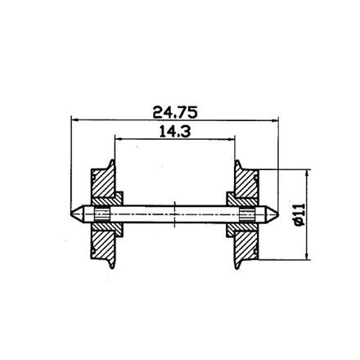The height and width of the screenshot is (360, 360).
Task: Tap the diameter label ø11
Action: (x=299, y=214)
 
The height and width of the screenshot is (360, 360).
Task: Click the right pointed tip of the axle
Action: (x=279, y=214)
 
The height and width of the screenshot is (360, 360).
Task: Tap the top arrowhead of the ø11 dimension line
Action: (x=308, y=173)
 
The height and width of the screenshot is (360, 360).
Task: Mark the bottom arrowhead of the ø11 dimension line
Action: (x=308, y=256)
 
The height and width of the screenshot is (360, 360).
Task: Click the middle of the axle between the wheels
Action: (x=176, y=214)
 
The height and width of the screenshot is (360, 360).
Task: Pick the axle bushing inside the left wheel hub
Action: (x=101, y=214)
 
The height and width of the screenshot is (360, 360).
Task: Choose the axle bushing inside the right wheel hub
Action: (x=247, y=214)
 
